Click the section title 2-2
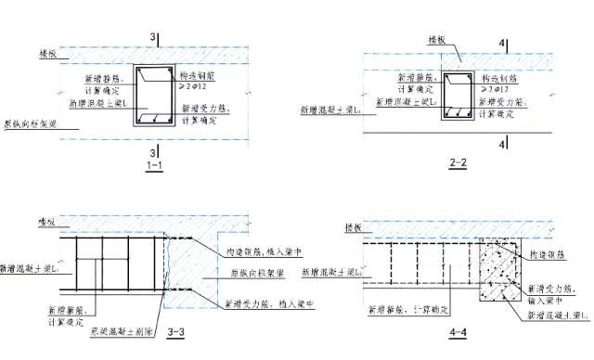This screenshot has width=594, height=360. click(x=458, y=162)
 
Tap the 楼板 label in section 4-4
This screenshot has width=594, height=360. click(x=353, y=227)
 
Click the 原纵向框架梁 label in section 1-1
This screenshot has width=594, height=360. click(x=28, y=122)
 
